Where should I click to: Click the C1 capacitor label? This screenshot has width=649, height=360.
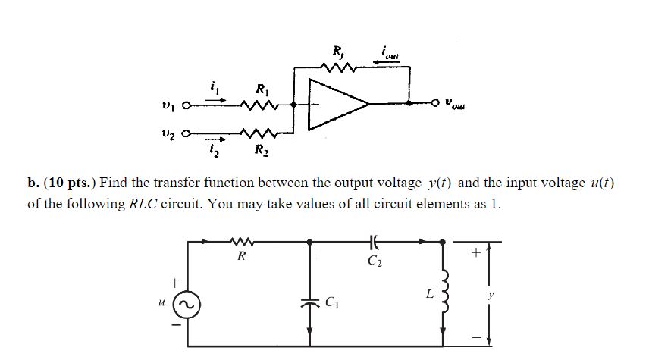click(x=331, y=305)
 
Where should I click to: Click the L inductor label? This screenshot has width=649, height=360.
click(x=428, y=291)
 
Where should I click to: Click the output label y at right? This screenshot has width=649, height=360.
click(x=490, y=292)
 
